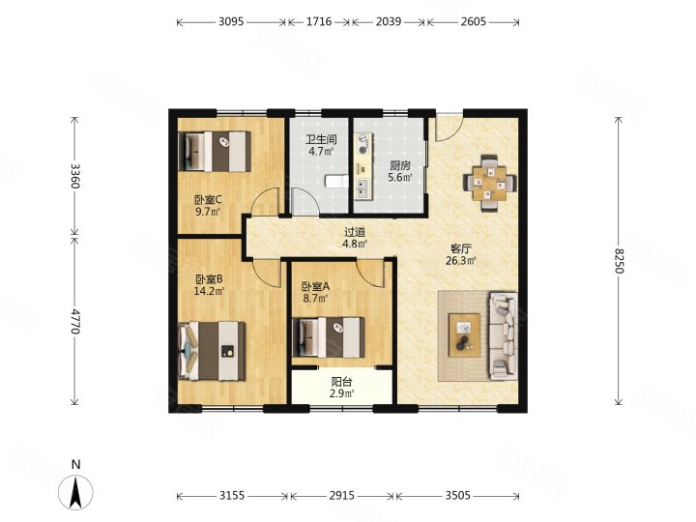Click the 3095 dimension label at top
[231, 21]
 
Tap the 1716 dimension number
[319, 21]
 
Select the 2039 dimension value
[389, 21]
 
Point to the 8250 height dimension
[620, 261]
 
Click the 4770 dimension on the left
[76, 321]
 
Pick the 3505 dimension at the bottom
[457, 495]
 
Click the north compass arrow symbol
[76, 492]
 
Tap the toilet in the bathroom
[337, 181]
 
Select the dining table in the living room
[489, 183]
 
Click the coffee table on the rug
[464, 335]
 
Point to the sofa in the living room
[504, 335]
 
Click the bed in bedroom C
[215, 152]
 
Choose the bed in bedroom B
[212, 351]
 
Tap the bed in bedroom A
[329, 337]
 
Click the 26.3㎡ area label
[461, 261]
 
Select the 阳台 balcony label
[342, 382]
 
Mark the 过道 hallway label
[355, 232]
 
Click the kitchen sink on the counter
[363, 188]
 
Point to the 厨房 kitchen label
[400, 166]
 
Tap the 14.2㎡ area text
[209, 291]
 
